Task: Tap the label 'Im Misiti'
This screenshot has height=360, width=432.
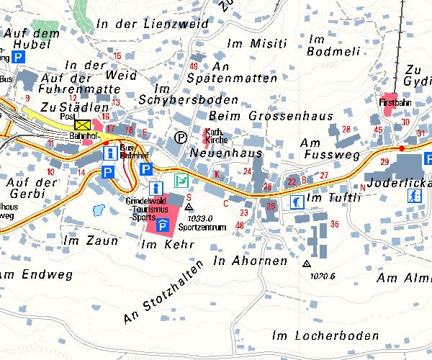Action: [x=256, y=43]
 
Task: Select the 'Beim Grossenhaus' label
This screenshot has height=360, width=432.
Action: [x=270, y=115]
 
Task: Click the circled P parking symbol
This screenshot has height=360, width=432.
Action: [x=180, y=136]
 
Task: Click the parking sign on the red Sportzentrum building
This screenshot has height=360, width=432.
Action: [x=163, y=226]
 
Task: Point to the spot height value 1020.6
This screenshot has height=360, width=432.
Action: [x=323, y=274]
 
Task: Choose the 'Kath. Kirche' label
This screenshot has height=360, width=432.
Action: [x=217, y=136]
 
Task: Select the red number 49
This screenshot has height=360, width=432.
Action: [x=193, y=66]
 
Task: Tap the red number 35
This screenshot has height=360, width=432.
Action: [x=334, y=225]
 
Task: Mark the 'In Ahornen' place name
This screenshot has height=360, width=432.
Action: [x=250, y=261]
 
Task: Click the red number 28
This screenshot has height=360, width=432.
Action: [x=346, y=129]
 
